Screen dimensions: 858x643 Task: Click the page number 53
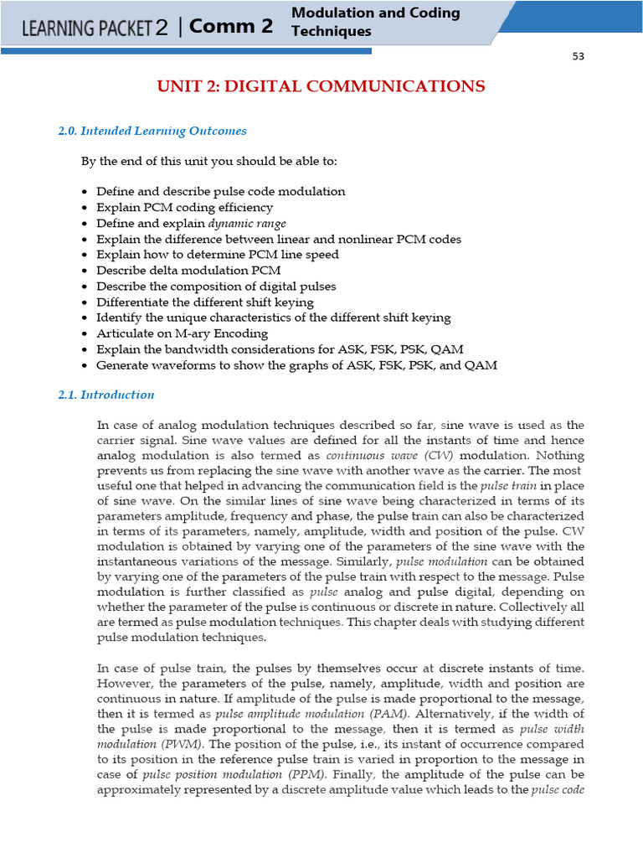tap(578, 56)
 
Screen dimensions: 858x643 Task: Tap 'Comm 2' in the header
tap(231, 26)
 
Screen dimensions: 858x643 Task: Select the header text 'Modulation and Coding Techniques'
tap(375, 22)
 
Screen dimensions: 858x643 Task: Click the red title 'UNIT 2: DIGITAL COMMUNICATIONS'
tap(321, 86)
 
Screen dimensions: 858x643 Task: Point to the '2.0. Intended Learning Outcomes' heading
tap(152, 131)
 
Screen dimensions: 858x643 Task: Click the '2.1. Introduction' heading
tap(106, 395)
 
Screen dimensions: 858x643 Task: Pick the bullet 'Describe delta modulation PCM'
tap(188, 271)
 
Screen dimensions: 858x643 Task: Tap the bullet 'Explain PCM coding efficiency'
tap(184, 208)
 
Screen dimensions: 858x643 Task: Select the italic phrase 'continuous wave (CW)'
tap(389, 456)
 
